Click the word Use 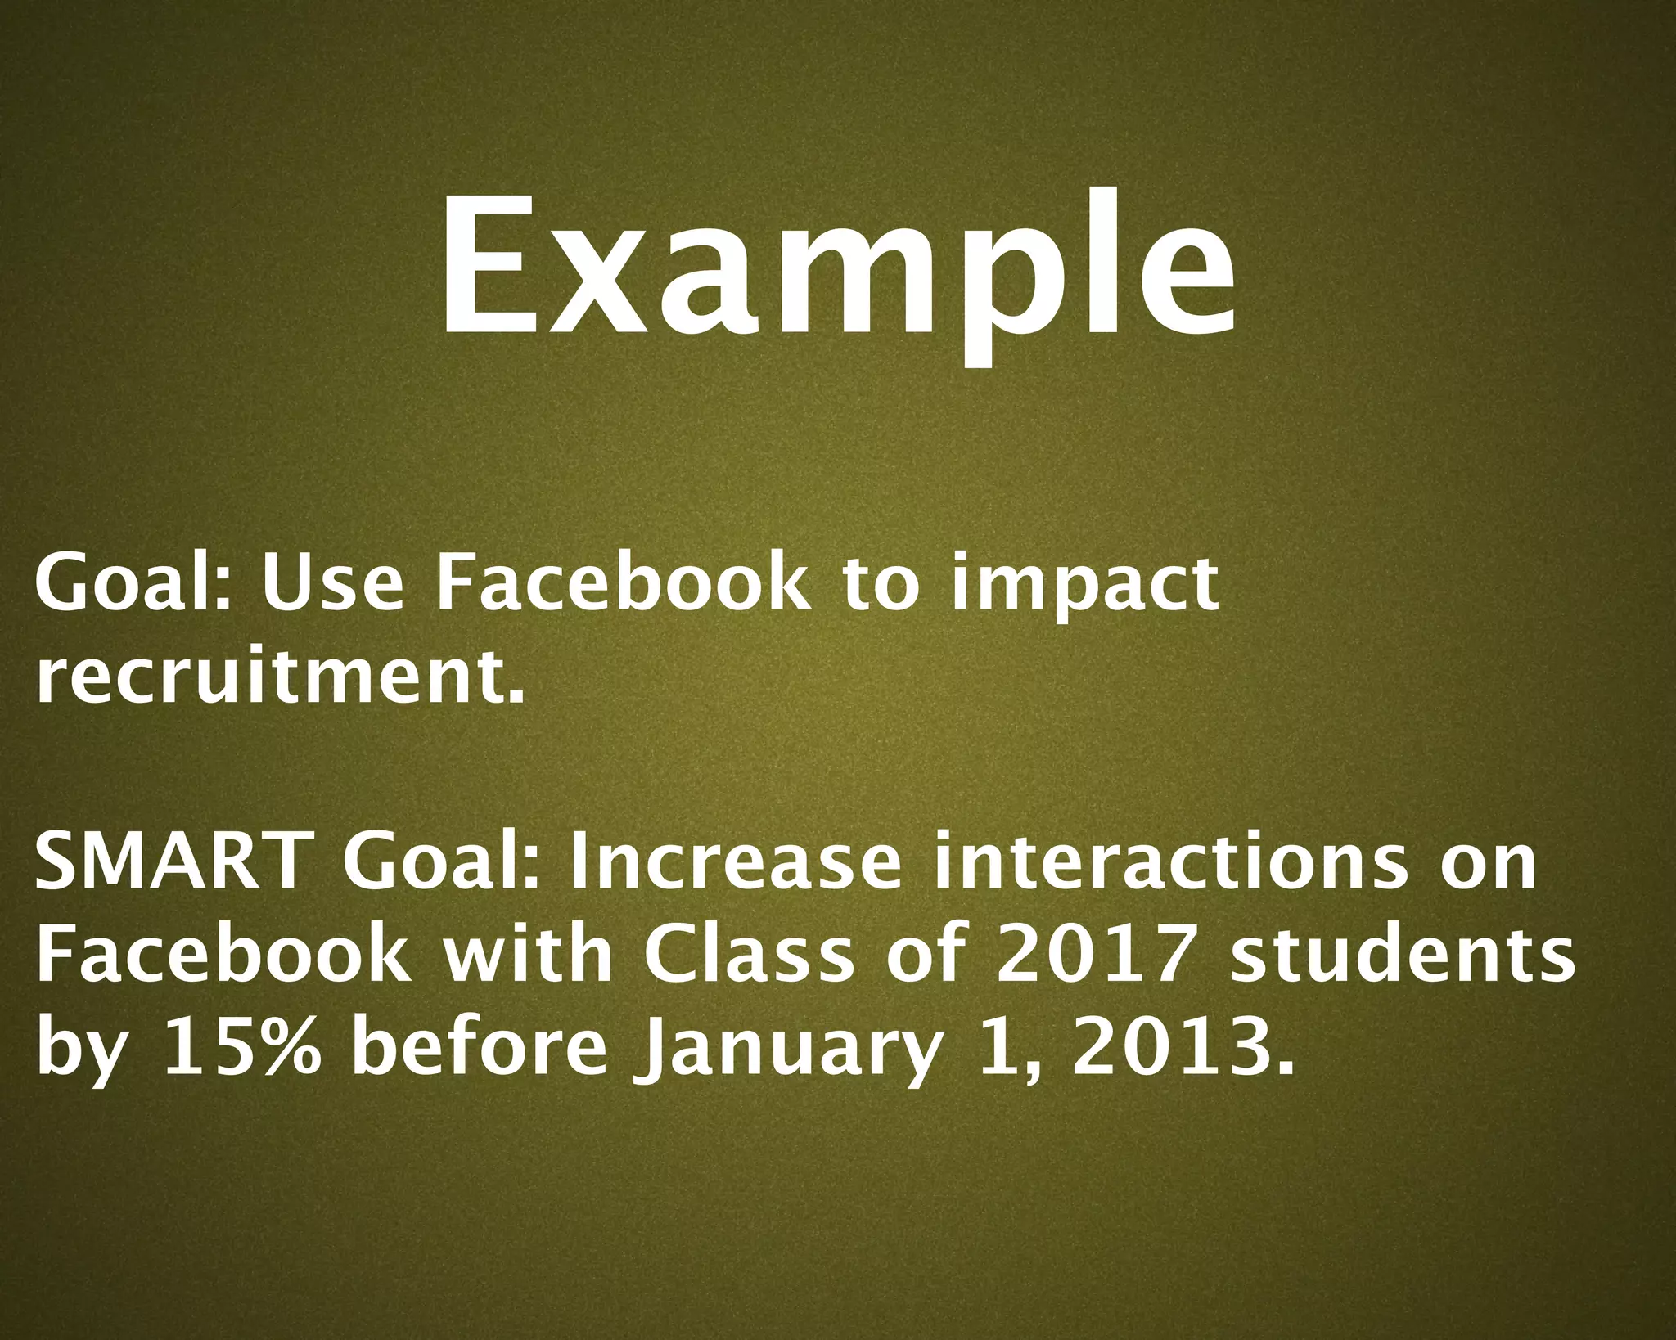click(331, 582)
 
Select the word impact click(1084, 587)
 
